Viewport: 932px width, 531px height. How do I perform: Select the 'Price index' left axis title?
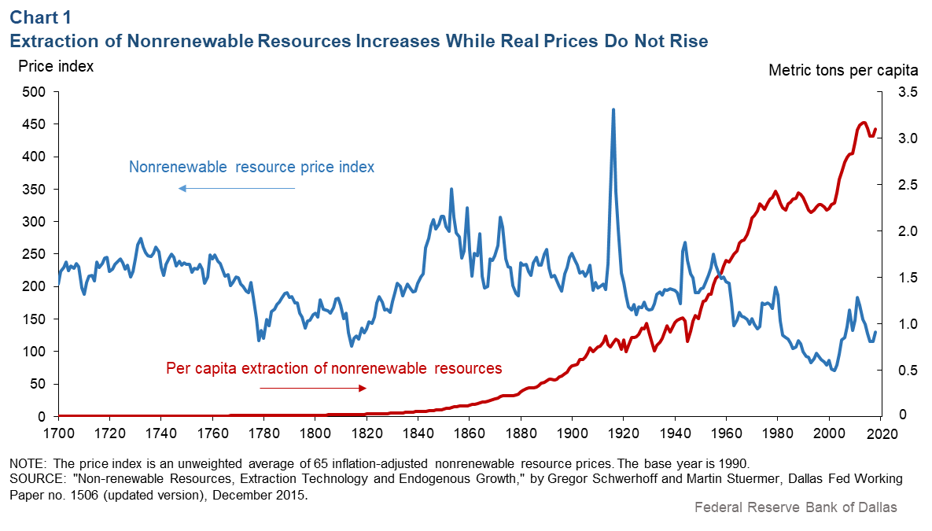click(56, 67)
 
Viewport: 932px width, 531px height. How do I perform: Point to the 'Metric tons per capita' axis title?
click(843, 70)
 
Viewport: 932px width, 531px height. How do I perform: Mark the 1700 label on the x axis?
click(58, 433)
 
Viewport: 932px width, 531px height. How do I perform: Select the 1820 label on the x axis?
click(367, 433)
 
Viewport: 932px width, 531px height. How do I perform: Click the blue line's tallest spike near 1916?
click(613, 110)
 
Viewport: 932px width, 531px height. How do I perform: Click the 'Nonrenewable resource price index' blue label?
click(252, 167)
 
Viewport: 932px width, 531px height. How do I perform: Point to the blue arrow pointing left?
click(236, 188)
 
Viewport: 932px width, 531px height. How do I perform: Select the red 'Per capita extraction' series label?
click(333, 367)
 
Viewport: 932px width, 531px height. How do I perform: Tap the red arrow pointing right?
click(313, 388)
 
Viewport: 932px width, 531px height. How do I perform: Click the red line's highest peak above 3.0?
click(864, 123)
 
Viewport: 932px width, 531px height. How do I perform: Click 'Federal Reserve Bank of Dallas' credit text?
click(795, 507)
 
